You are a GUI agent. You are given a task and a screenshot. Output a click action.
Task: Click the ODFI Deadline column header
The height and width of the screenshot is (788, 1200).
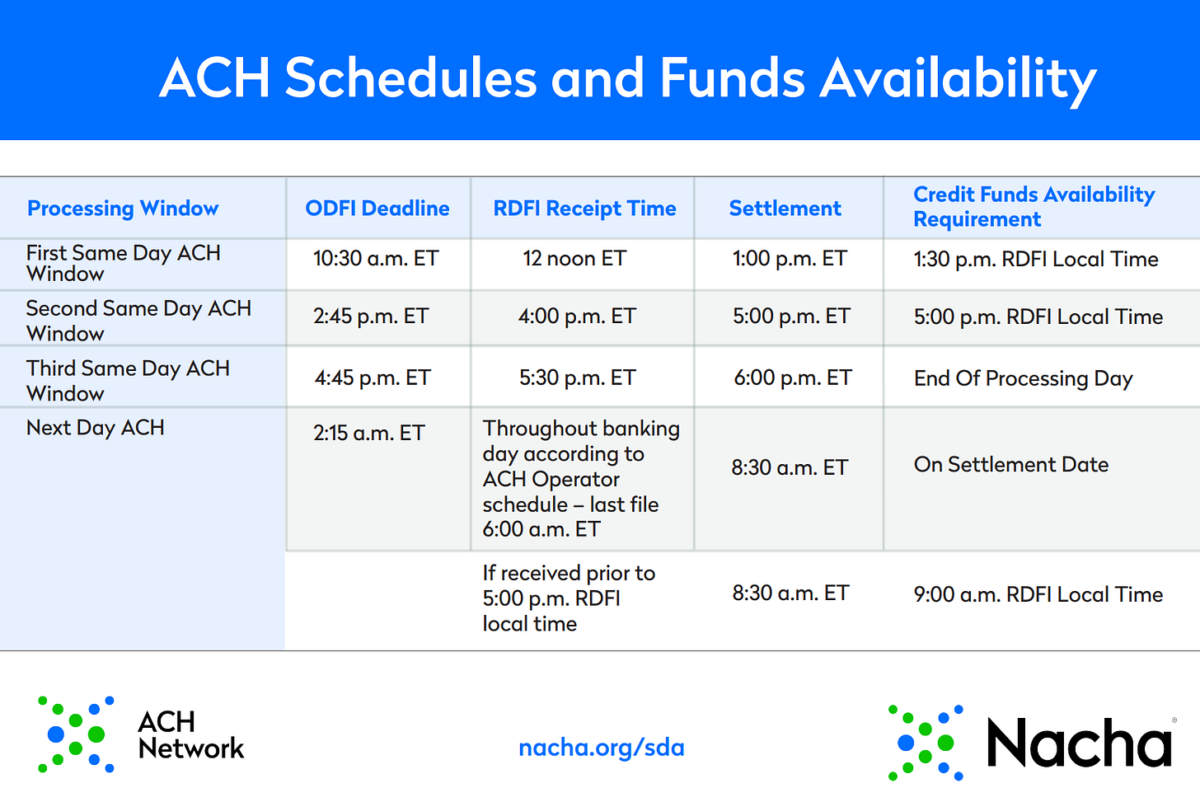tap(377, 208)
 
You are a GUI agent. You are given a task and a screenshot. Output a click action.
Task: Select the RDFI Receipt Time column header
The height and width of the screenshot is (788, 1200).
tap(584, 208)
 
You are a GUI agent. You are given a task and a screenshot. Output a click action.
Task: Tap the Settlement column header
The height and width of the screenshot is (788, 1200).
tap(785, 208)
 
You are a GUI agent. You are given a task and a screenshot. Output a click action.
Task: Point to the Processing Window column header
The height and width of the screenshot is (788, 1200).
tap(123, 209)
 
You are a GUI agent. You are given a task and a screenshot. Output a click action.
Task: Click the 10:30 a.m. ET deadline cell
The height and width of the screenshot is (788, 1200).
tap(376, 258)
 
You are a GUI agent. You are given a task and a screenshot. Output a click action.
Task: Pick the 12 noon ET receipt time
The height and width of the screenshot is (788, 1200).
tap(574, 258)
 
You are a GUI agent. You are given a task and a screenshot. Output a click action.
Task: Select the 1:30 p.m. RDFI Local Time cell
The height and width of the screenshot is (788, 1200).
tap(1036, 259)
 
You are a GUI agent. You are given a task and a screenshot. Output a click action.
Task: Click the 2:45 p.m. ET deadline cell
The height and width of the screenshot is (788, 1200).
tap(371, 316)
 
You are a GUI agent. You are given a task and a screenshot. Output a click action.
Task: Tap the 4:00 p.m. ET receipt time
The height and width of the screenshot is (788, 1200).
tap(577, 316)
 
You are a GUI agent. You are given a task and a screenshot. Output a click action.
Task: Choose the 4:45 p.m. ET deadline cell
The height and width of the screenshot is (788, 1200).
tap(373, 378)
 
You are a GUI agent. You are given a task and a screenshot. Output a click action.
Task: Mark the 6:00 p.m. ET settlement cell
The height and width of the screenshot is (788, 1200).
tap(792, 378)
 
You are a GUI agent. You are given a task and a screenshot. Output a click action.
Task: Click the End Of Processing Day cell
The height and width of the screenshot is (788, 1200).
tap(1024, 378)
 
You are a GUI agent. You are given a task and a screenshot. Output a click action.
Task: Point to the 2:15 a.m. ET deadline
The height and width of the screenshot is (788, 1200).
tap(369, 433)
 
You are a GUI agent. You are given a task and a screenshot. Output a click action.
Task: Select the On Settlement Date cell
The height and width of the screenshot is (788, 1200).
tap(1011, 464)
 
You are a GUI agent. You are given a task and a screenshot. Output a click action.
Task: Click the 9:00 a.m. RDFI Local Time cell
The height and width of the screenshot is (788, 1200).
tap(1038, 594)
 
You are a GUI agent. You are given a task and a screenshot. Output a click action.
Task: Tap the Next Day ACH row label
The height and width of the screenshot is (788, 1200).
tap(95, 428)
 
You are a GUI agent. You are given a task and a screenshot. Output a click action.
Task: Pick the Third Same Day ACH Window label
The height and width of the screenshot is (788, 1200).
tap(128, 381)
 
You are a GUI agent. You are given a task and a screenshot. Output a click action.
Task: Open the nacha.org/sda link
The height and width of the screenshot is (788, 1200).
tap(602, 748)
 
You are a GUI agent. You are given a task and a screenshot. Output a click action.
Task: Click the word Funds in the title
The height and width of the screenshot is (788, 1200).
tap(732, 78)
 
